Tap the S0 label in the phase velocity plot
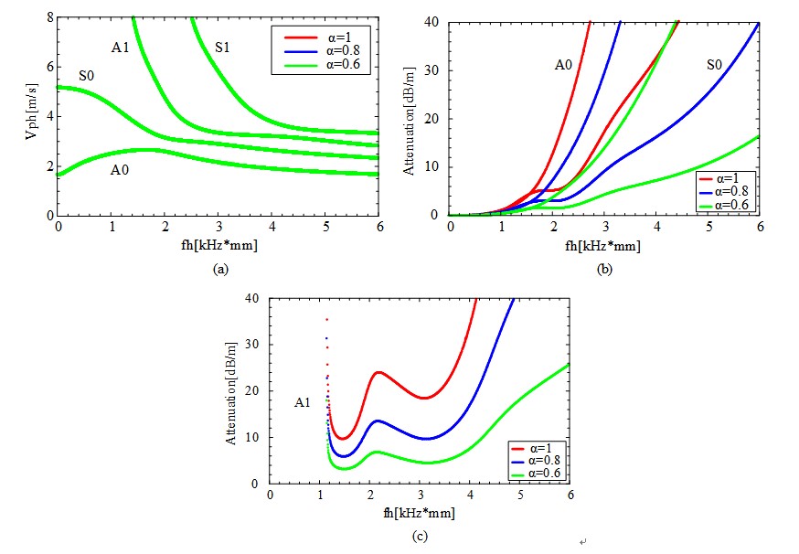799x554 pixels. (x=87, y=75)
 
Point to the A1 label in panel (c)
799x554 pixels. (x=304, y=402)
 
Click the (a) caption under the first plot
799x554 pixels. (x=219, y=270)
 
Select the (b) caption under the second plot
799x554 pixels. (x=604, y=270)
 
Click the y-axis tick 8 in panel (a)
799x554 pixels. (x=48, y=16)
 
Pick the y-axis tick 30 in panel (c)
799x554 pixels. (x=250, y=345)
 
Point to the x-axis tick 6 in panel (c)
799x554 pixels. (x=570, y=495)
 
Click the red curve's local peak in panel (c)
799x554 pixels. (x=378, y=372)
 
